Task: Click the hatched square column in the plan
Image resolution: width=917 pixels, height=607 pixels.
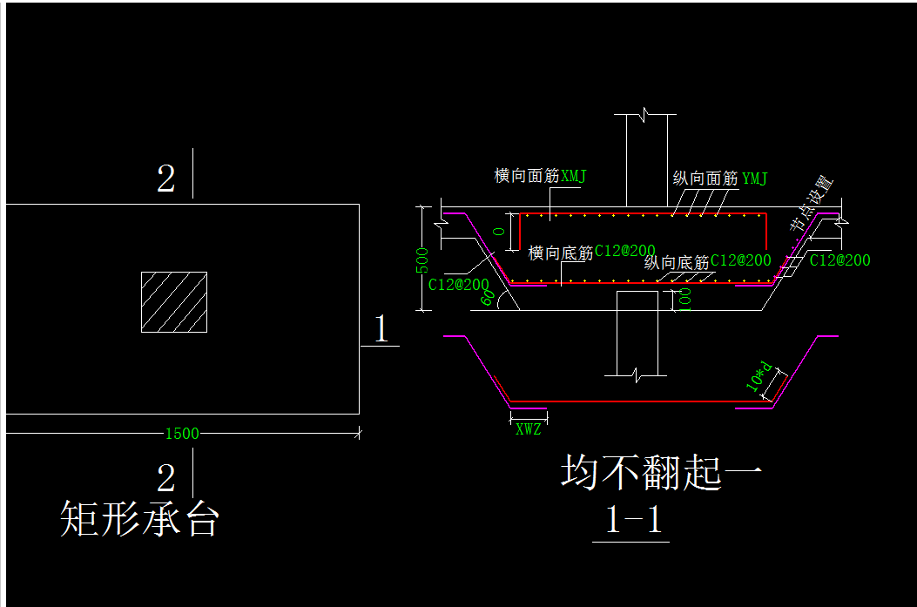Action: pos(174,302)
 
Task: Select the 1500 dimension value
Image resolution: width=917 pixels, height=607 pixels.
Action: pos(182,434)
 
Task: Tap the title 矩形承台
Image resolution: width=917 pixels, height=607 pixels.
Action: pos(139,519)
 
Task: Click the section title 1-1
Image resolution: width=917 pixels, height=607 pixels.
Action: pos(633,520)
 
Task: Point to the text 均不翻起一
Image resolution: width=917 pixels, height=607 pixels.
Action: pos(662,473)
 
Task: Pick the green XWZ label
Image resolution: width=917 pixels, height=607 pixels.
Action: pos(529,428)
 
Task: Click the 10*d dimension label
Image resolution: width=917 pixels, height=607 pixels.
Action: pos(760,374)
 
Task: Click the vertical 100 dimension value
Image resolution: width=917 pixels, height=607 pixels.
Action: pos(684,298)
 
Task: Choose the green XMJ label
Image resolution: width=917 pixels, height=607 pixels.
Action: pos(574,176)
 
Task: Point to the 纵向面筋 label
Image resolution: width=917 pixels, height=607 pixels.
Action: pos(705,179)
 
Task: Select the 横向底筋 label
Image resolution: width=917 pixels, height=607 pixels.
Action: pos(561,253)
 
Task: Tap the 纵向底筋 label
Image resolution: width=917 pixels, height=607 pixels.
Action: pos(677,262)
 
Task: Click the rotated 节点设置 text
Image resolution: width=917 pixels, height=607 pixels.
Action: pos(812,203)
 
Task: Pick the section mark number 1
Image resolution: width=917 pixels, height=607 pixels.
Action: pos(380,330)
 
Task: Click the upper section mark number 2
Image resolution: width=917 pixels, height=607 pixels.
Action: pos(165,179)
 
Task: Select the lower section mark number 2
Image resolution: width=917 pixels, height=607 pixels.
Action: pos(165,478)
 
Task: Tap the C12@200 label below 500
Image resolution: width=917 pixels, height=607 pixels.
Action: pos(459,283)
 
